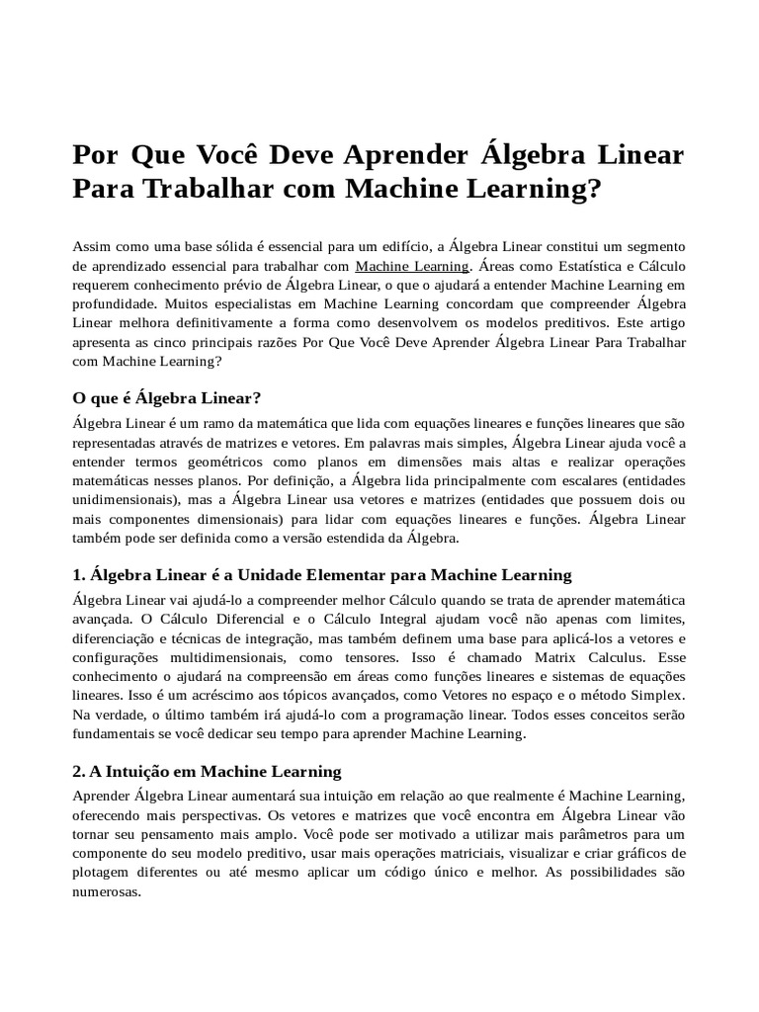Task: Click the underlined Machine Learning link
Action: (411, 266)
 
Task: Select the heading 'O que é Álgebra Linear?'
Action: (167, 398)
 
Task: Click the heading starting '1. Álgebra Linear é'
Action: (322, 574)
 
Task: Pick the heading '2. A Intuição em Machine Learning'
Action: (207, 771)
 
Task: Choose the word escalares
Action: (571, 481)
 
